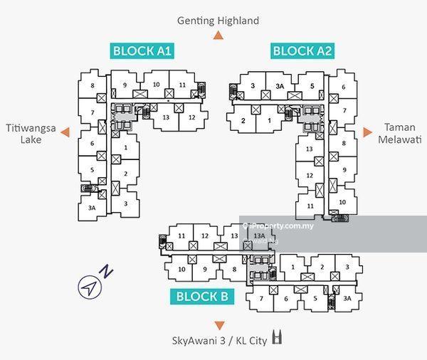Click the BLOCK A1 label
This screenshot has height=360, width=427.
pos(142,51)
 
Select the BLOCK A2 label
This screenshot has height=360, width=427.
pos(303,51)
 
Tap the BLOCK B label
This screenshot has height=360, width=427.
pos(202,297)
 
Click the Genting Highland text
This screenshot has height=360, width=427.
pos(218,21)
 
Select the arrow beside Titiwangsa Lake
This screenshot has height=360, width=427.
pos(65,132)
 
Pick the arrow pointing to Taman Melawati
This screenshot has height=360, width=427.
pos(367,132)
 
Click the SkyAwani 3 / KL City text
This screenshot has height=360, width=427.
pos(219,341)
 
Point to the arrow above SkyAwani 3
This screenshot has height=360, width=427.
pos(219,325)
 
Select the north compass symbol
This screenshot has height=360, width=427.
pos(90,286)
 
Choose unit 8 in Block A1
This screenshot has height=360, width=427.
pos(93,86)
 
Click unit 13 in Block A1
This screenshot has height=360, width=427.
pos(166,117)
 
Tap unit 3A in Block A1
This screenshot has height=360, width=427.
pos(92,208)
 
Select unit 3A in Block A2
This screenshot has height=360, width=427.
pos(280,86)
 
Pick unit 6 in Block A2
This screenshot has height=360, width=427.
pos(344,87)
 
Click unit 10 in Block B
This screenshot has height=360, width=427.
pos(182,269)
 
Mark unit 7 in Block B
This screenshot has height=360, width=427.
pos(261,299)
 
